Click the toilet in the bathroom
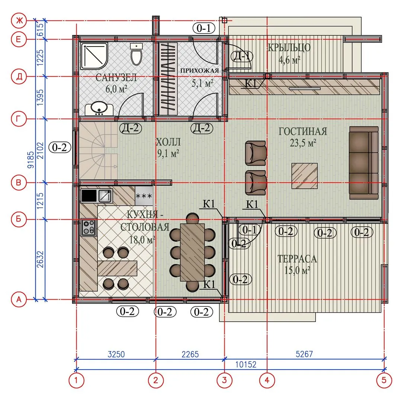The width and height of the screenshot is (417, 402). click(x=137, y=54)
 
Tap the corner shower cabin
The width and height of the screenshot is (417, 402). click(x=94, y=56)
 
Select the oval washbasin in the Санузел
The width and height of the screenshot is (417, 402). click(x=99, y=109)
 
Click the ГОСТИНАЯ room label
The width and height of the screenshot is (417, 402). click(x=303, y=131)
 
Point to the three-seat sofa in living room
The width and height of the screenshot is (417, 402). click(x=364, y=163)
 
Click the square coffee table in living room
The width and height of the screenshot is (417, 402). click(x=305, y=176)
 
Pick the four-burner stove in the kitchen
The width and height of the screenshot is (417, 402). click(x=89, y=227)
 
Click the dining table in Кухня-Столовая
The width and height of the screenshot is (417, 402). click(x=192, y=252)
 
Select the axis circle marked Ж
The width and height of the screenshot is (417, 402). click(x=19, y=20)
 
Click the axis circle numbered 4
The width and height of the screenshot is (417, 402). click(x=267, y=380)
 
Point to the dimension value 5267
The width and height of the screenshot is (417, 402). click(x=304, y=354)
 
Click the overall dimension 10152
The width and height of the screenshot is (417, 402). click(x=246, y=364)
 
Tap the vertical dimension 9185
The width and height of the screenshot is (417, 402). click(x=31, y=160)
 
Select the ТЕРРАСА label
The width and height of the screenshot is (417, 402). click(x=297, y=259)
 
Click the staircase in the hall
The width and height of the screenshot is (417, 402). click(x=99, y=151)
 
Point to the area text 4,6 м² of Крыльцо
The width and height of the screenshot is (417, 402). click(x=289, y=60)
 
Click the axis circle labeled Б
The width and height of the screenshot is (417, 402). click(x=19, y=220)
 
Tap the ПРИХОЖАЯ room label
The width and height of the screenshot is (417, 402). click(x=199, y=71)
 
